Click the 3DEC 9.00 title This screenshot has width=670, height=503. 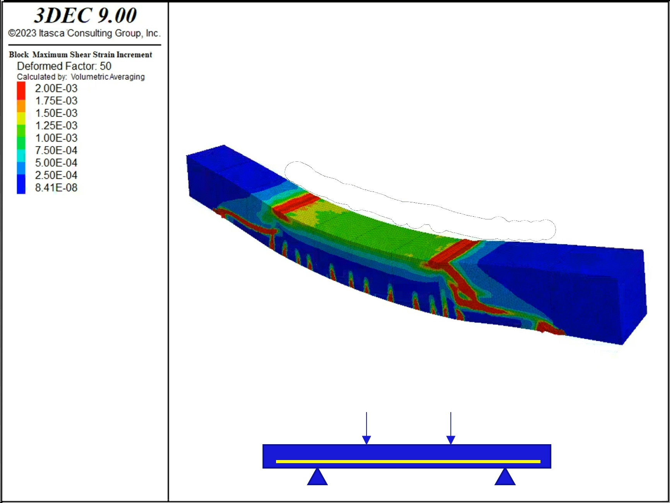click(x=85, y=15)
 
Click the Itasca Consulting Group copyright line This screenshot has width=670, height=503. click(x=84, y=33)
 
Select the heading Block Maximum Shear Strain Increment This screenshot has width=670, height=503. click(x=80, y=55)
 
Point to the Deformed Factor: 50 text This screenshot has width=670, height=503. click(x=64, y=66)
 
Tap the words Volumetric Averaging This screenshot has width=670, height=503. click(x=108, y=77)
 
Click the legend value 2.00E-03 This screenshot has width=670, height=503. click(x=56, y=88)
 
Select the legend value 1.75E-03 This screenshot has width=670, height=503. click(x=56, y=101)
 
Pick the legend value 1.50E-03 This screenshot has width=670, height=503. click(x=56, y=113)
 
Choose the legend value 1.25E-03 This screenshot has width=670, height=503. click(x=56, y=125)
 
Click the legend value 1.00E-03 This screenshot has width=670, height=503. click(x=56, y=138)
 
